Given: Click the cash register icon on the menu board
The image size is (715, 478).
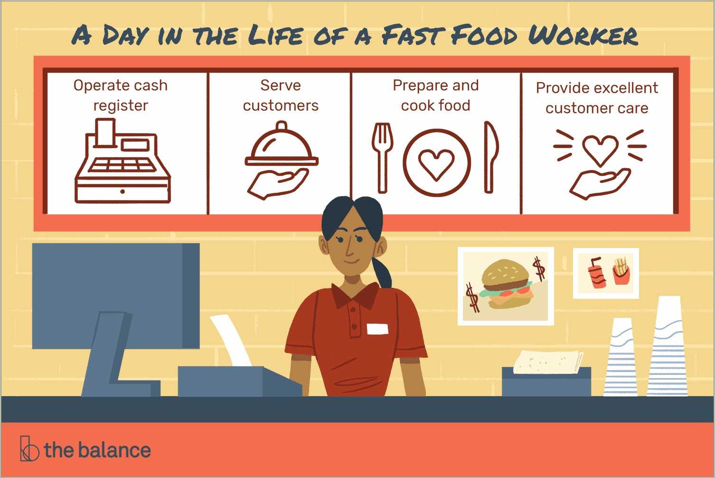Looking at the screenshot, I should [x=122, y=162].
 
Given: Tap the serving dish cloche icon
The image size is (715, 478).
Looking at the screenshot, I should [x=282, y=147].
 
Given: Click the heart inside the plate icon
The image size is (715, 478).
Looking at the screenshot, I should [x=436, y=164].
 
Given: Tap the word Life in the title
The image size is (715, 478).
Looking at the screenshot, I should [x=276, y=36].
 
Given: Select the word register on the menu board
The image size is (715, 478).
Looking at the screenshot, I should [x=121, y=105].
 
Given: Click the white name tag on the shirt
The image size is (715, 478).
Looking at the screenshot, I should [x=377, y=329].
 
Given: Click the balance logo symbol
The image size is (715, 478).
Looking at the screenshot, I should [x=29, y=448].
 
